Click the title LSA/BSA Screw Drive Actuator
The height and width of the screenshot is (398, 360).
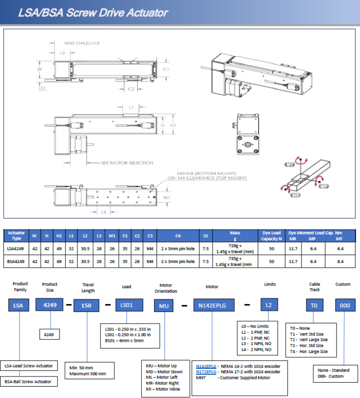point(93,12)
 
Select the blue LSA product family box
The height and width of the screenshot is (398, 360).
point(19,305)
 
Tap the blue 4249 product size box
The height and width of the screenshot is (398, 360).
point(49,305)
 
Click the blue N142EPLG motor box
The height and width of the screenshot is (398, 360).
point(211,305)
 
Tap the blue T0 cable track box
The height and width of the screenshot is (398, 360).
point(315,305)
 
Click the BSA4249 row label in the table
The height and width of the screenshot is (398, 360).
point(16,261)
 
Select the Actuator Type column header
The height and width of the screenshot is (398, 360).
point(16,235)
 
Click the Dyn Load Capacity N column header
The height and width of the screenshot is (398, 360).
point(271,235)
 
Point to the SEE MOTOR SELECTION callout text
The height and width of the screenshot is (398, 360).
point(127,163)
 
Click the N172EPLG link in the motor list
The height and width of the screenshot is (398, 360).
point(205,372)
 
